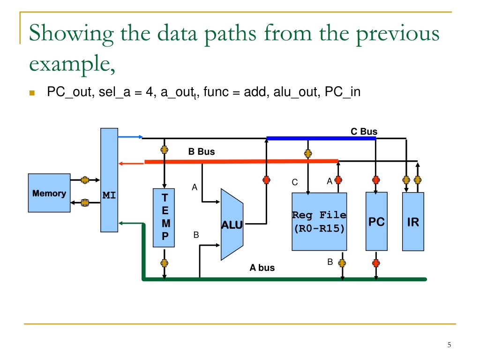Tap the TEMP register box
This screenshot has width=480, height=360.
[165, 217]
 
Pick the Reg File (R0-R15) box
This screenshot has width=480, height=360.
[319, 222]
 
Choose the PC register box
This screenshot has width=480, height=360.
[376, 222]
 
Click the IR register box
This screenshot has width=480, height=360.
[413, 222]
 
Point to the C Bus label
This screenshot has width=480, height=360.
[364, 132]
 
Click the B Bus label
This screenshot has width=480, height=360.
[202, 151]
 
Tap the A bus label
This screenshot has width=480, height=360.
[262, 268]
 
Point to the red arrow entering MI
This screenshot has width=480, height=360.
[131, 163]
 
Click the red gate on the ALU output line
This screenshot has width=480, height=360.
[267, 180]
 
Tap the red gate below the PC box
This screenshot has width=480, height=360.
[376, 263]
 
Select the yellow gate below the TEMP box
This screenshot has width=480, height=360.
[165, 263]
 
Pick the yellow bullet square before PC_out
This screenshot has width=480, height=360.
[32, 93]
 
